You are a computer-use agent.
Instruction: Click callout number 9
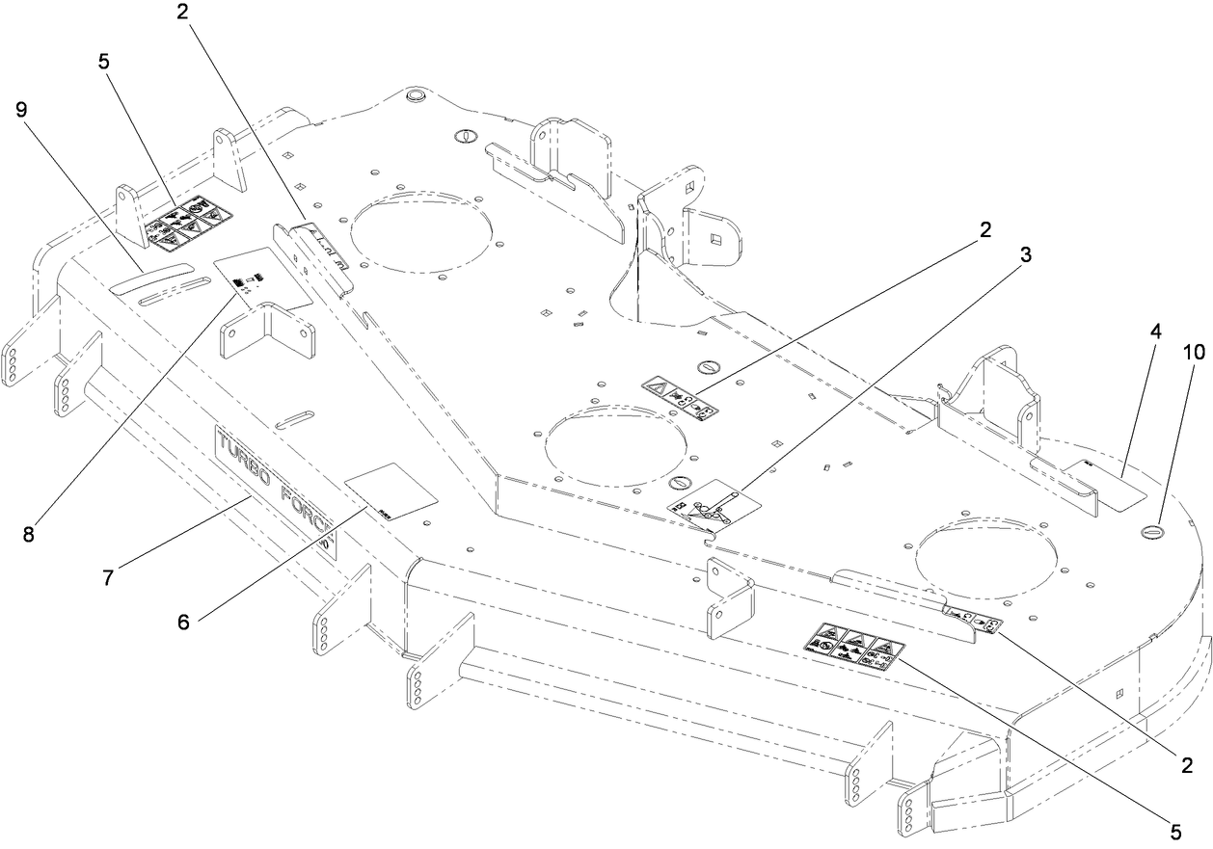(21, 109)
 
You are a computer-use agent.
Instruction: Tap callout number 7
(108, 577)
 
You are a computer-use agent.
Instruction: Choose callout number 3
(1026, 254)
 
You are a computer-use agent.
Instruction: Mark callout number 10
(1193, 353)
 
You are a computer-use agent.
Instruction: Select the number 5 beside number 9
(103, 61)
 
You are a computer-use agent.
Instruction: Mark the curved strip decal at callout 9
(149, 279)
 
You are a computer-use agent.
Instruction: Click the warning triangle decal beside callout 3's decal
(681, 392)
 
